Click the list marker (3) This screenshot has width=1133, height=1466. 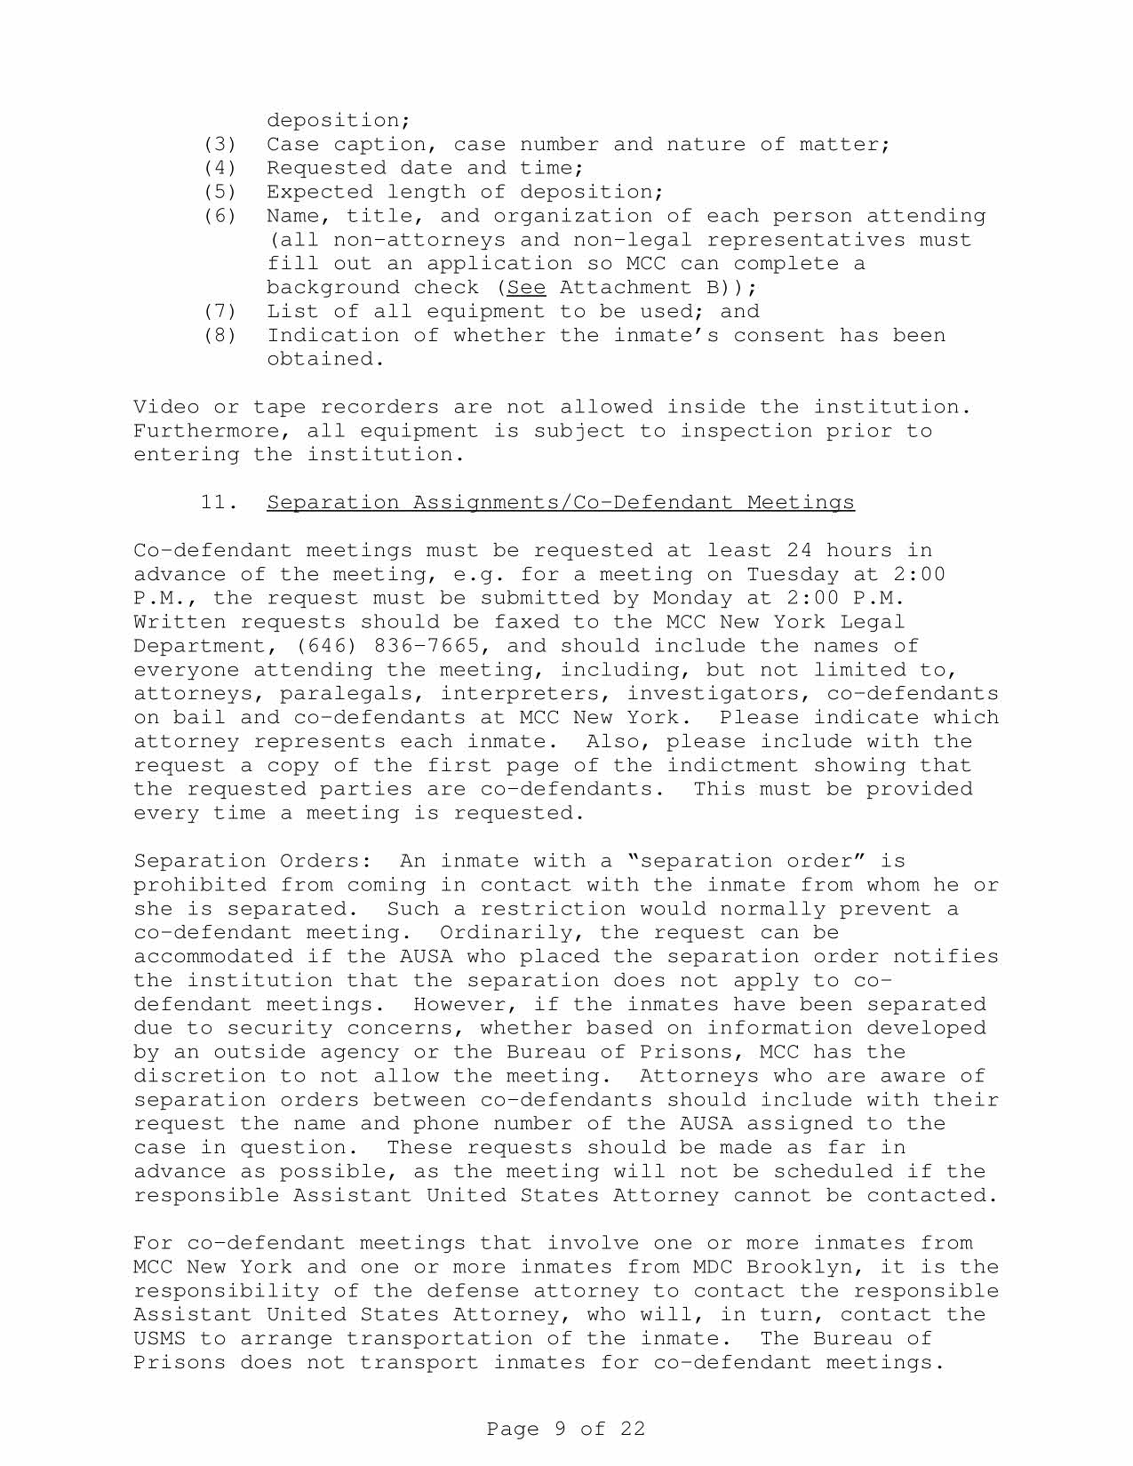pyautogui.click(x=219, y=144)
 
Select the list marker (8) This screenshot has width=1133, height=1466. pyautogui.click(x=219, y=335)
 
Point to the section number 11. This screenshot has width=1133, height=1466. pyautogui.click(x=219, y=503)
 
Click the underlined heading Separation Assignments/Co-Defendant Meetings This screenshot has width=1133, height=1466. pyautogui.click(x=561, y=503)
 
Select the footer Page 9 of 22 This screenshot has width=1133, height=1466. pyautogui.click(x=566, y=1429)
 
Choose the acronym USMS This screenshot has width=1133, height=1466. pyautogui.click(x=159, y=1339)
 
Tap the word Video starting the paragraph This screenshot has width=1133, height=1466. pyautogui.click(x=166, y=407)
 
